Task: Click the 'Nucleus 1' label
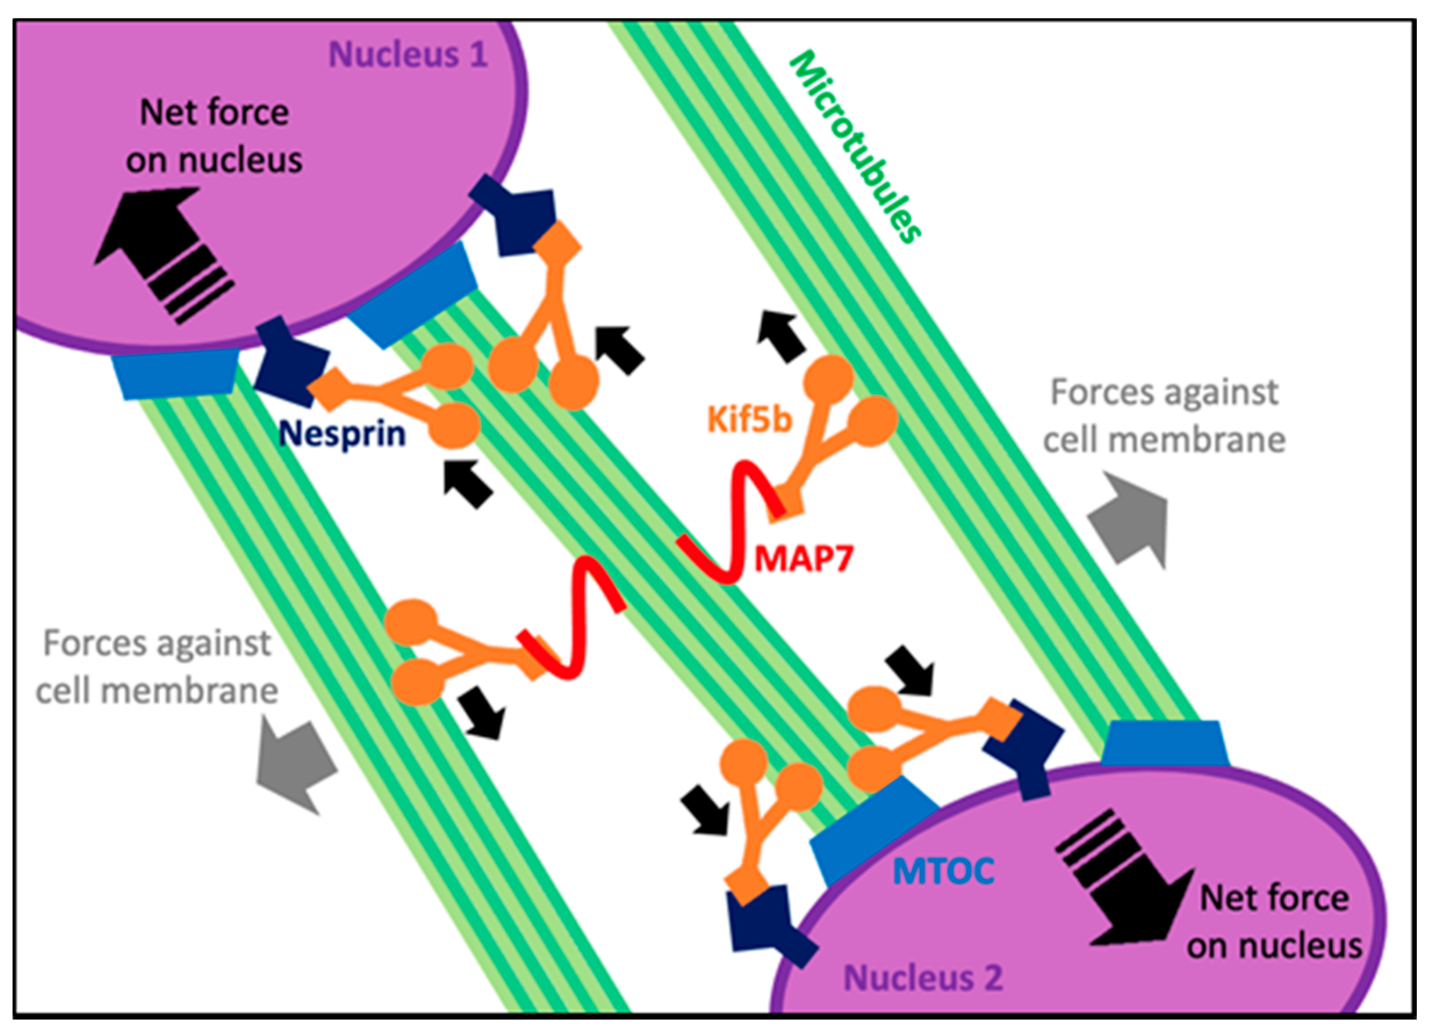[x=408, y=54]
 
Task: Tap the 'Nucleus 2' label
[x=923, y=978]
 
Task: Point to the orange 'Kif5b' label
[x=750, y=419]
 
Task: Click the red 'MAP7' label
[x=804, y=557]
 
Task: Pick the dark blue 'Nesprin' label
[x=341, y=434]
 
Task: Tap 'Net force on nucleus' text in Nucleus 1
[x=214, y=136]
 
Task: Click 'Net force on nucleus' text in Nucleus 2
[x=1274, y=922]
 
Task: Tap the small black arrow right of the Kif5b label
[x=782, y=336]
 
